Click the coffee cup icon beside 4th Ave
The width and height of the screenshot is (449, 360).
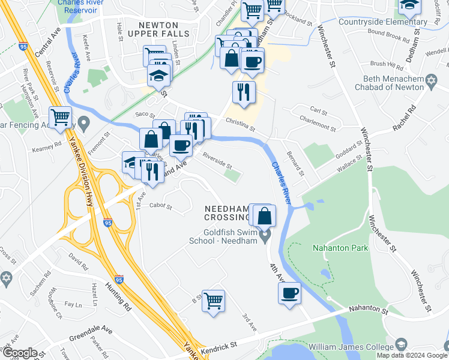click(x=290, y=293)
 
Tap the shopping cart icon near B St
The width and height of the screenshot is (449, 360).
click(x=213, y=301)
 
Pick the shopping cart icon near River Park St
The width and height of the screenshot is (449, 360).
click(x=61, y=117)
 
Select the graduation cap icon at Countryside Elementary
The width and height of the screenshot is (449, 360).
click(x=409, y=6)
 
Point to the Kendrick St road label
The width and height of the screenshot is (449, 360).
click(x=218, y=345)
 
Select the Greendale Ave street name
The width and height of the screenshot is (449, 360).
click(x=91, y=330)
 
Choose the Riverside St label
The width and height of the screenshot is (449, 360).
click(x=217, y=163)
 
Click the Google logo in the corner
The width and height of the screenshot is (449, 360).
click(x=19, y=353)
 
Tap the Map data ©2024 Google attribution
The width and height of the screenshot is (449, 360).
click(x=411, y=355)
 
